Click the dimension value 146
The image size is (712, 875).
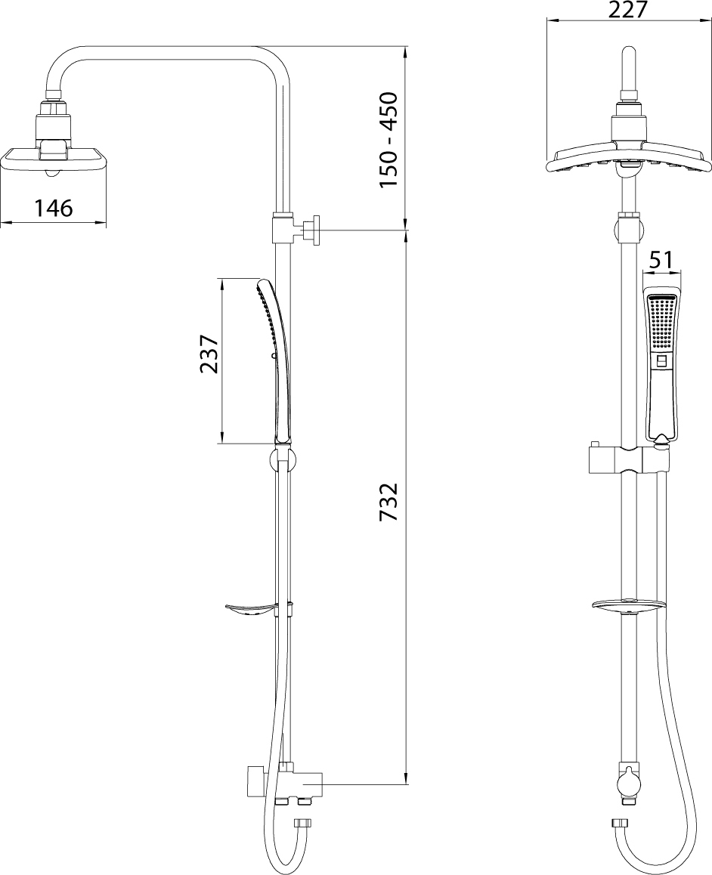tap(54, 208)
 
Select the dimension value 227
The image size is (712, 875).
tap(628, 10)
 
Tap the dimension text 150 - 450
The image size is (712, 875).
tap(389, 140)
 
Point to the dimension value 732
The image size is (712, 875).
tap(389, 502)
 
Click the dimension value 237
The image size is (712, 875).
tap(208, 354)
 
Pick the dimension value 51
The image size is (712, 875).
tap(662, 260)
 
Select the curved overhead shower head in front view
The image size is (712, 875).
tap(628, 156)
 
